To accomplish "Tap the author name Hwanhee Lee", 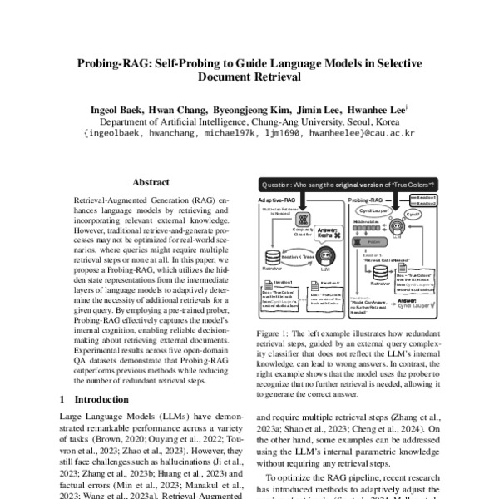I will coord(375,109).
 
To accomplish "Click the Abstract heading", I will coord(151,182).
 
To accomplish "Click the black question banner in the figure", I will coord(350,184).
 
